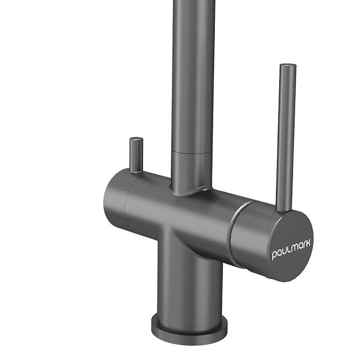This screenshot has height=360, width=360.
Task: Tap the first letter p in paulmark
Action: pyautogui.click(x=274, y=256)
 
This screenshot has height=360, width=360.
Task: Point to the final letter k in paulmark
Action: pyautogui.click(x=308, y=243)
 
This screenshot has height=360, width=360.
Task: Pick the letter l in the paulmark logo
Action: pyautogui.click(x=287, y=249)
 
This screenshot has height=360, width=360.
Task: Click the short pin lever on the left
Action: pyautogui.click(x=136, y=155)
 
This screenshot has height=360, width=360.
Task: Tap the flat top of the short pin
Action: pyautogui.click(x=136, y=139)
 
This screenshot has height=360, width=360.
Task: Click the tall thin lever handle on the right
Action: pyautogui.click(x=286, y=137)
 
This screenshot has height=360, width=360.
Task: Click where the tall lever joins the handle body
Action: pyautogui.click(x=283, y=209)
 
